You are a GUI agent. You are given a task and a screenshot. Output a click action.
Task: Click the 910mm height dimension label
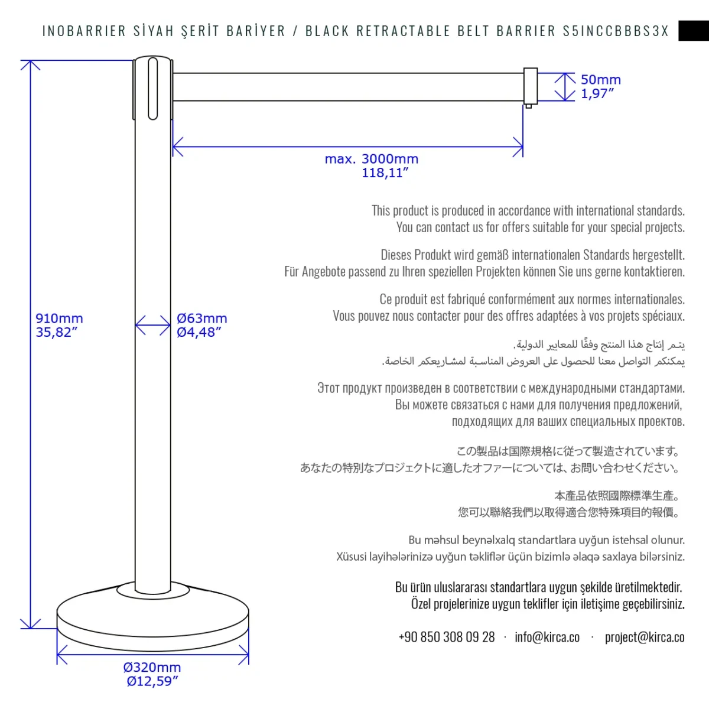pos(59,318)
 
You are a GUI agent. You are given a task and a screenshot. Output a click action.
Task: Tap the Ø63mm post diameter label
pos(201,318)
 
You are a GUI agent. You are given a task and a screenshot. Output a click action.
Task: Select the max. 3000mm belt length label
pos(371,159)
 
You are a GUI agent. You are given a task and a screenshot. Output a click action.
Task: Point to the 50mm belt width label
pos(600,80)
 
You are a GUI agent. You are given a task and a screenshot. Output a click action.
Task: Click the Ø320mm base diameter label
pos(152,667)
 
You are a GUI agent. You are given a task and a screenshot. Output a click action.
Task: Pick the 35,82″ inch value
pos(56,333)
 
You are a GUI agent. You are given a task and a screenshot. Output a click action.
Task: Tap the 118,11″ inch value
pos(385,173)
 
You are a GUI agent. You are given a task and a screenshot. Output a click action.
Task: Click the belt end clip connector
pos(530,87)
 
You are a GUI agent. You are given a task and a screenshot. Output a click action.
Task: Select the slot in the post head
pos(152,88)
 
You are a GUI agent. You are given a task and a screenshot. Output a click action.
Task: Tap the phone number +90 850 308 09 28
pos(447,637)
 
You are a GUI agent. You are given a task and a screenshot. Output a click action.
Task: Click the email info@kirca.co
pos(547,637)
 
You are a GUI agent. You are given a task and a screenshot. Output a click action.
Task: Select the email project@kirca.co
pos(644,637)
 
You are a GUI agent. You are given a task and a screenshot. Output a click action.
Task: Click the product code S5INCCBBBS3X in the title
pos(616,31)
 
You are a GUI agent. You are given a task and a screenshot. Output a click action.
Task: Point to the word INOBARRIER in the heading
pos(84,31)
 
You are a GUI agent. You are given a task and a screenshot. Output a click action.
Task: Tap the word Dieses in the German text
pos(396,255)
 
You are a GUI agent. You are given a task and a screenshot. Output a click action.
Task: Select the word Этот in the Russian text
pos(329,388)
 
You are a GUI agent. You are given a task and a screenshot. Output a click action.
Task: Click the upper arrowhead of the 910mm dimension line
pos(30,64)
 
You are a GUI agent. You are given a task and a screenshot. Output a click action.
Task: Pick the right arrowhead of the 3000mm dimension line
pos(519,147)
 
